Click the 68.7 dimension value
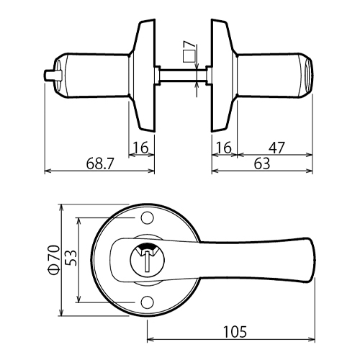point(99,164)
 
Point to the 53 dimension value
point(71,258)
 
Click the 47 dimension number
point(276,148)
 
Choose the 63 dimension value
point(262,164)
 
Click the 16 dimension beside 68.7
point(141,148)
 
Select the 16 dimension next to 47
point(224,148)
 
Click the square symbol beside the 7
point(189,57)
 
